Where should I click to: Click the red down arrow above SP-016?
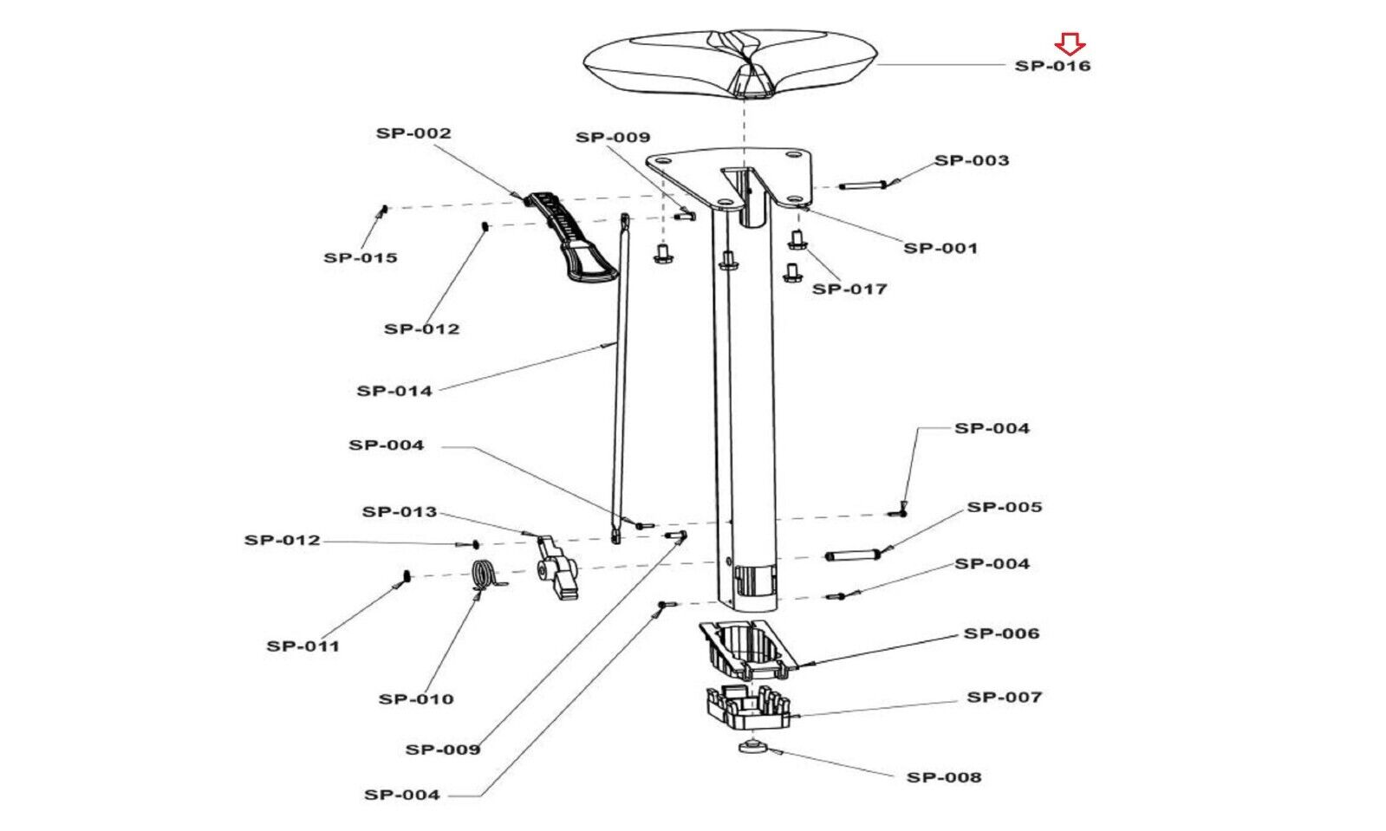point(1070,44)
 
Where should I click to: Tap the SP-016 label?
point(1052,66)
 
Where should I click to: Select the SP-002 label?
point(413,133)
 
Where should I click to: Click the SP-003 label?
point(972,160)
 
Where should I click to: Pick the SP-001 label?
point(940,248)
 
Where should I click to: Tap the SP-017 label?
point(849,289)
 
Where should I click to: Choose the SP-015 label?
point(360,257)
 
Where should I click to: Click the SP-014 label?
point(394,391)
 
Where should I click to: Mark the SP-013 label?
point(399,512)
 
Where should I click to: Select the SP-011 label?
point(303,646)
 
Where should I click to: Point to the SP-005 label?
point(1005,508)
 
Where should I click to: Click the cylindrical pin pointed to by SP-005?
point(851,555)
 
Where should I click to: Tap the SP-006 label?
point(1001,633)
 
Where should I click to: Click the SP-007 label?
point(1005,698)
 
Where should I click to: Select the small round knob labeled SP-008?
point(752,746)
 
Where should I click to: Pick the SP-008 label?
point(944,778)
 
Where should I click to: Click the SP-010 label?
point(416,699)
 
